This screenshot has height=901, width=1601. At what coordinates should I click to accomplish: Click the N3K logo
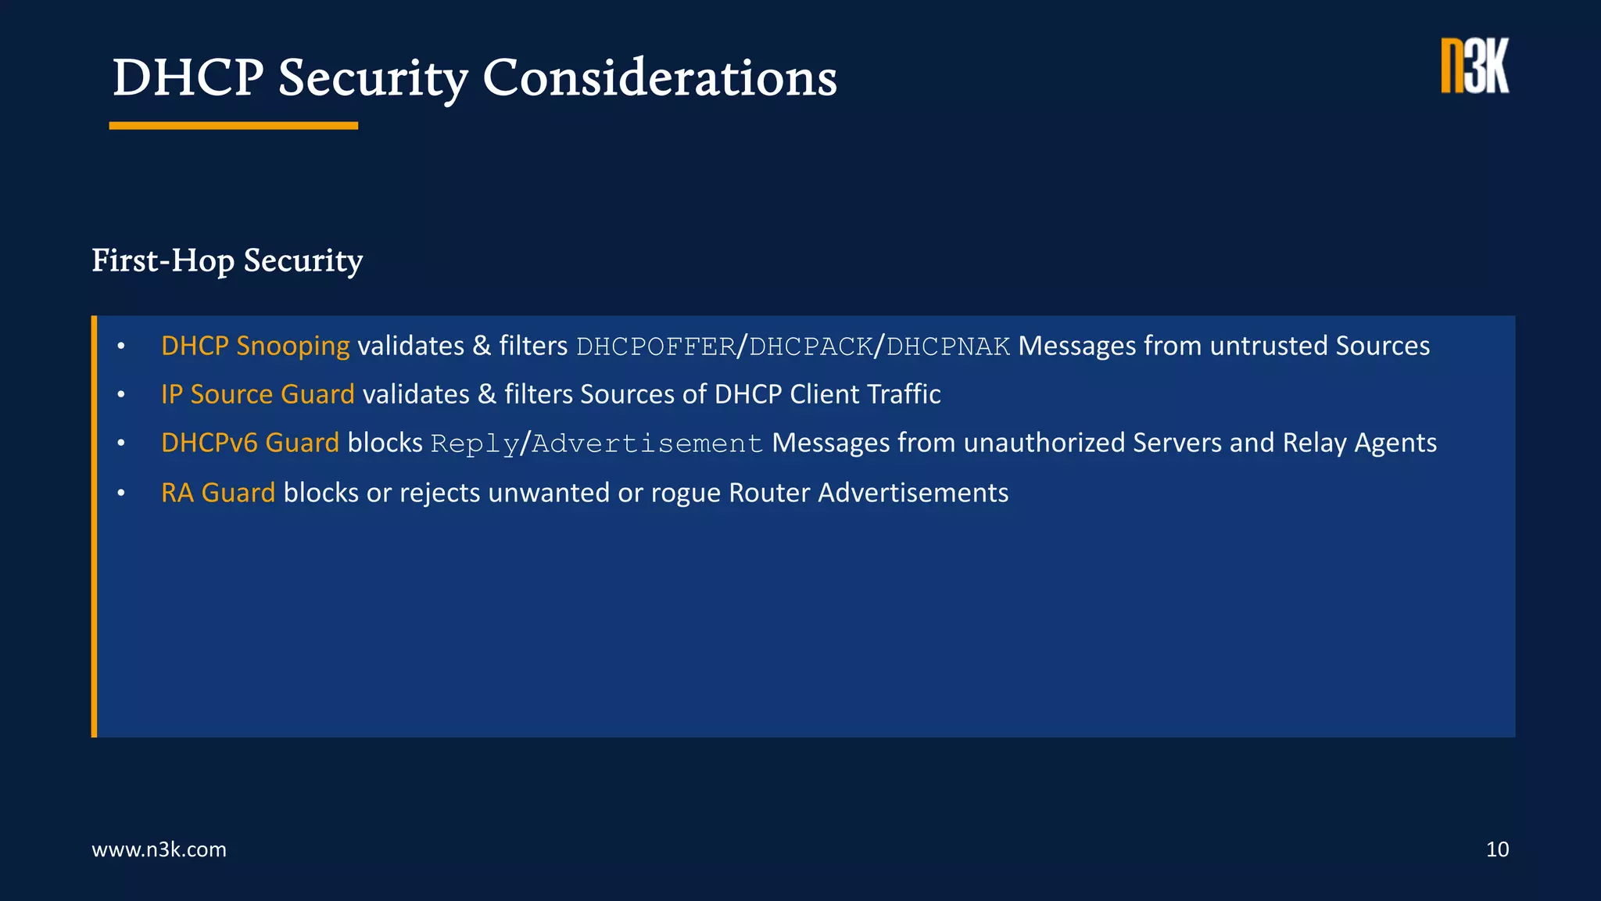1474,66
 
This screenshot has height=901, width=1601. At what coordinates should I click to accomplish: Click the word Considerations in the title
659,78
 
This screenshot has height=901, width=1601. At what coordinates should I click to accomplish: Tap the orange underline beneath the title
233,125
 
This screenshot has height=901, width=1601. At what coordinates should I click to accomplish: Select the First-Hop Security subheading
227,260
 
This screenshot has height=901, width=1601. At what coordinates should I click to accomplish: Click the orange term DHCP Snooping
255,346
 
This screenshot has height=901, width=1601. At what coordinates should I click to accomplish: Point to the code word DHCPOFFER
656,346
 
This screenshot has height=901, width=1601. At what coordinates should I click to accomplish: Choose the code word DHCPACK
811,346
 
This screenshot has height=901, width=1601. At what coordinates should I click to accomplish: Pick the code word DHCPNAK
947,346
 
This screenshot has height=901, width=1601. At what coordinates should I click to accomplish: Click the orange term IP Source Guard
257,394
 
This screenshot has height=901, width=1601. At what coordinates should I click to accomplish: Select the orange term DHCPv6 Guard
249,443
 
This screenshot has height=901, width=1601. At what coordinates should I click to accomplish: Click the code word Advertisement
646,443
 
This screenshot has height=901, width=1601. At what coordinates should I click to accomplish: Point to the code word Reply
475,443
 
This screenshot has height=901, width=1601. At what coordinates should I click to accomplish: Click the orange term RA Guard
217,493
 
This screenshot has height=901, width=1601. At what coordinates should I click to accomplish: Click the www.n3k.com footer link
159,849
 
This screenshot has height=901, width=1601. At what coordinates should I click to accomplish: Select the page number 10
1497,849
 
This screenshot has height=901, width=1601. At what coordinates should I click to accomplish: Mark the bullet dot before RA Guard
121,494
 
